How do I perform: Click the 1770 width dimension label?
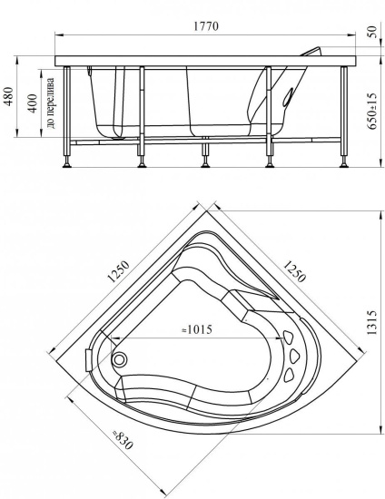tap(206, 26)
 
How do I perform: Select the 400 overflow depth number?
tap(33, 103)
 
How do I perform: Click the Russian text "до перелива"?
tap(50, 103)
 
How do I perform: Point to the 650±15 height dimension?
tap(371, 111)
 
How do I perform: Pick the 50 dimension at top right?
tap(372, 32)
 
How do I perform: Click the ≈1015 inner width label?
tap(196, 329)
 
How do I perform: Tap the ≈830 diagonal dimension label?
tap(123, 440)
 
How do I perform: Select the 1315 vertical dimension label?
tap(371, 322)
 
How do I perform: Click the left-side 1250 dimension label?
tap(118, 272)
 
